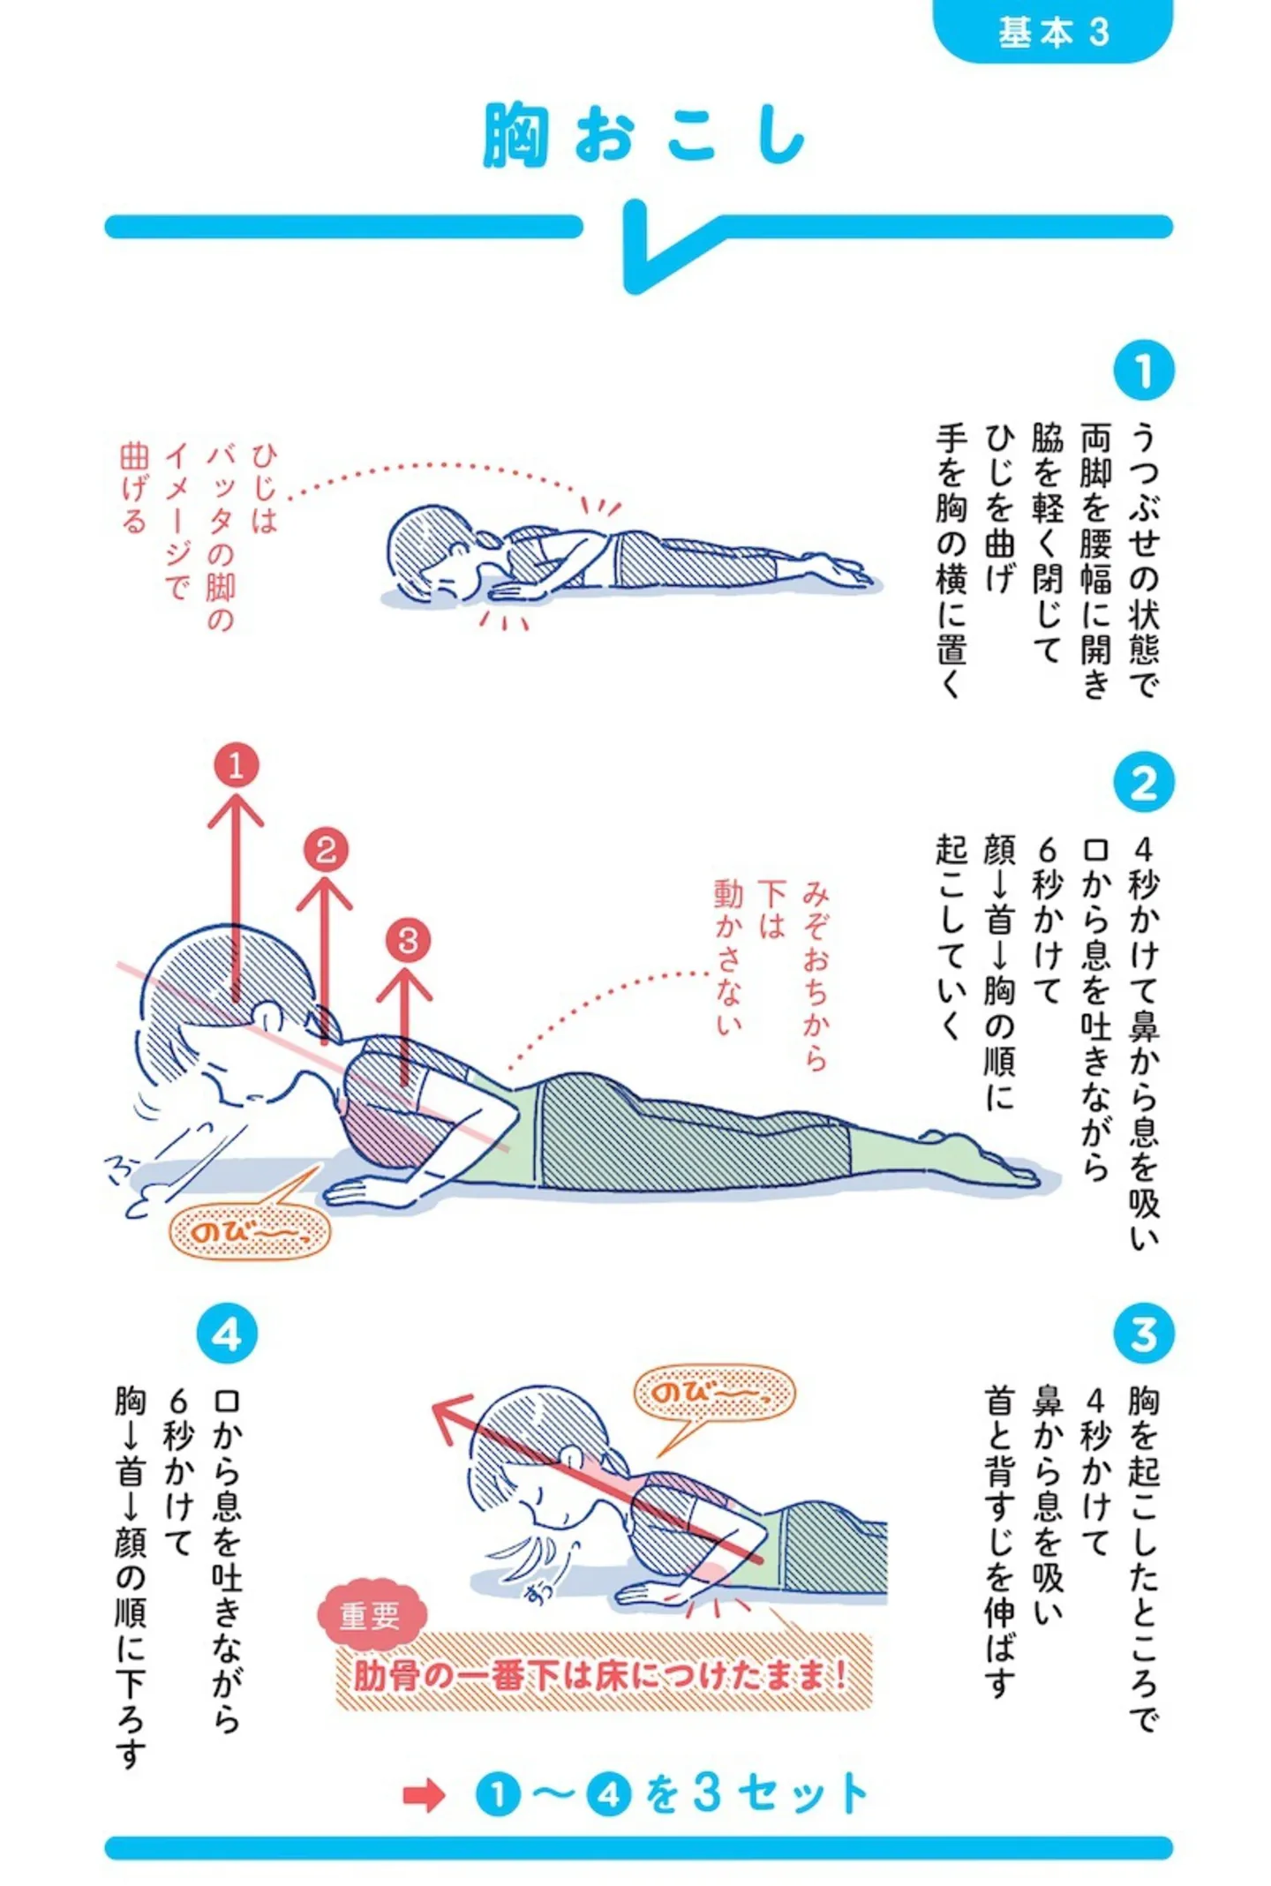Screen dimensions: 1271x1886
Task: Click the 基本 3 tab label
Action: pos(1052,32)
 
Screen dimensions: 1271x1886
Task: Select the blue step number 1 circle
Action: pos(1143,371)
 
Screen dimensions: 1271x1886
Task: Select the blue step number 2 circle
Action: pos(1143,782)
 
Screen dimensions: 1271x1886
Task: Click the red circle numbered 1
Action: pos(236,764)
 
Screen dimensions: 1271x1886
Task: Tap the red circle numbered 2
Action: pos(326,850)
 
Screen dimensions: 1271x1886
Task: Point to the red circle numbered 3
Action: pos(407,940)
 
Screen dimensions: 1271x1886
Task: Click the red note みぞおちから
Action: pos(814,975)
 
